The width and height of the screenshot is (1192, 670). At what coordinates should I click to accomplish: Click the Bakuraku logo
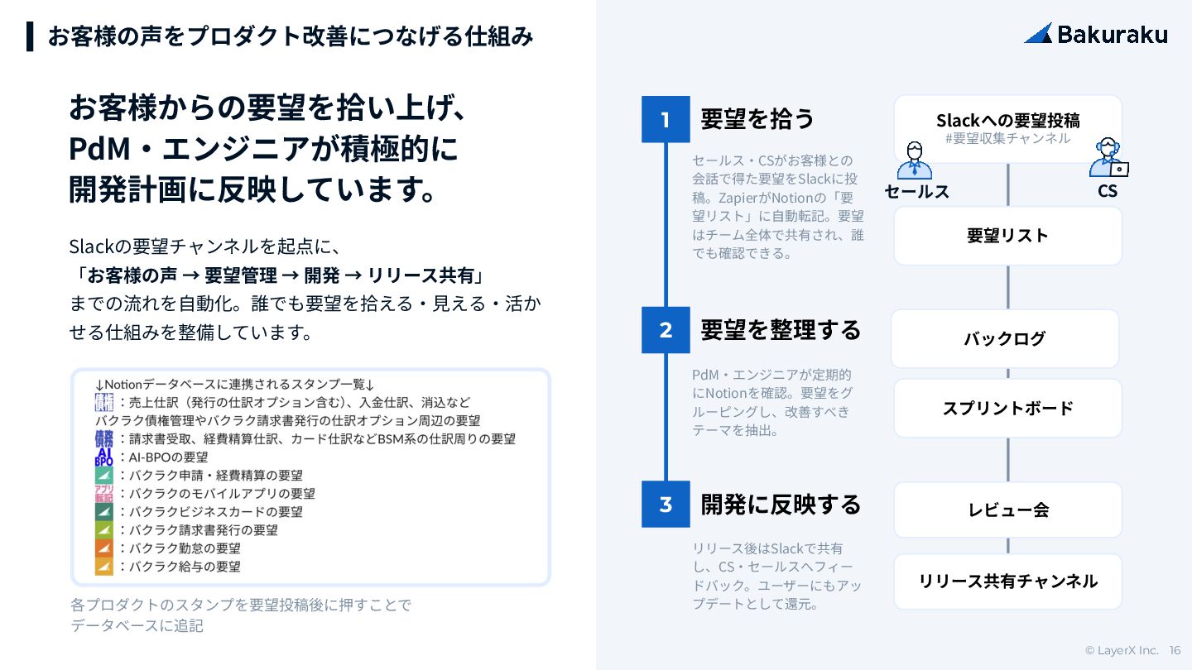point(1095,34)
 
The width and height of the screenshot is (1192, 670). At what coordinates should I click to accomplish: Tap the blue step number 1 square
point(666,119)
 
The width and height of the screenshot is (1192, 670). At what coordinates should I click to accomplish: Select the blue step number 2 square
point(666,330)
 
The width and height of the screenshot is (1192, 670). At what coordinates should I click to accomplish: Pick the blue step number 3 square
point(666,504)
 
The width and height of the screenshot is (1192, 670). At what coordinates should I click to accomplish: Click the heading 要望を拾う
point(757,119)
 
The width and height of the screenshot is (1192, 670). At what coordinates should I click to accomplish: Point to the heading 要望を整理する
point(781,330)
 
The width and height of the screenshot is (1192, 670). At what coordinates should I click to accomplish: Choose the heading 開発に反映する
point(781,504)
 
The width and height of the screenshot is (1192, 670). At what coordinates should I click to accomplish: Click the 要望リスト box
point(1007,236)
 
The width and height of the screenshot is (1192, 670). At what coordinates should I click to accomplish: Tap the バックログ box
point(1005,338)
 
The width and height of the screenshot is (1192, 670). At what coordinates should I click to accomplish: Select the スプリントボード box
point(1007,408)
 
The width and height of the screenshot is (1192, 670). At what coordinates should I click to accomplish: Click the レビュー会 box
point(1007,510)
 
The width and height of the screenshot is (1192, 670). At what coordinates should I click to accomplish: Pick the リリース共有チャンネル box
point(1007,581)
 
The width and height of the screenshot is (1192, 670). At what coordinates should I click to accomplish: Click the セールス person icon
point(914,160)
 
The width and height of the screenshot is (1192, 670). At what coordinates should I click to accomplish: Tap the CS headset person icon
point(1108,157)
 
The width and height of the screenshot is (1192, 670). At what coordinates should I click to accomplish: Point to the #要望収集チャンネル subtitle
point(1007,139)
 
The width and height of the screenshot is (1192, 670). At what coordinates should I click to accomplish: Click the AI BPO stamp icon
point(103,457)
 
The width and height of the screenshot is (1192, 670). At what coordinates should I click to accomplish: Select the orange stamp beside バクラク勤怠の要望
point(103,548)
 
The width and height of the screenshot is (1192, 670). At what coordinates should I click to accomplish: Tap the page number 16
point(1175,650)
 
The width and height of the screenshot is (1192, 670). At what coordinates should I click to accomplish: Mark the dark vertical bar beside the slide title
point(31,36)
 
